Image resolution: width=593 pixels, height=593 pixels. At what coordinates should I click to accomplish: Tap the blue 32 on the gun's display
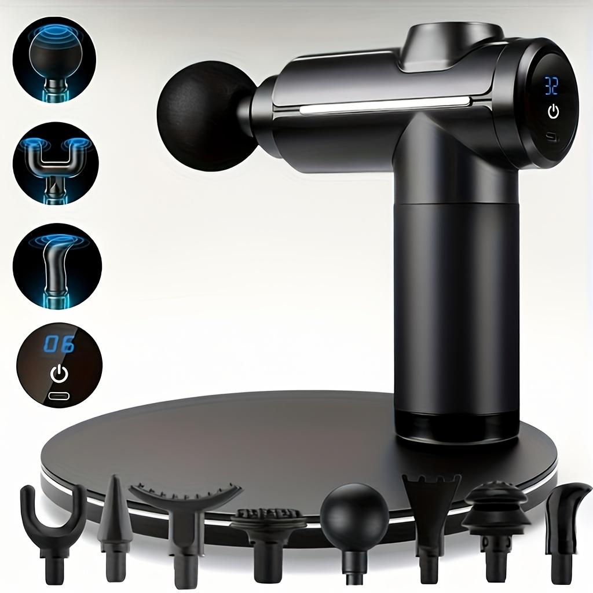tap(551, 86)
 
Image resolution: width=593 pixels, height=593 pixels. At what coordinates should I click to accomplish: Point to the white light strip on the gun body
tap(382, 105)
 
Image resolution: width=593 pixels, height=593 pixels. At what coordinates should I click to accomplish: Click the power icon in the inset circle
tap(59, 374)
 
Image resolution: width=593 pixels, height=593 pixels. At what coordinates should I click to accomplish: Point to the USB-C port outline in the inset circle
tap(59, 396)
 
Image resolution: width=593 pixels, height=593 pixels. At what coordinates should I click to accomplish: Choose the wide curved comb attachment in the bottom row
tap(184, 515)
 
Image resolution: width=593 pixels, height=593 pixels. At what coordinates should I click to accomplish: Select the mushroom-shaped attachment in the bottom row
tap(496, 521)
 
